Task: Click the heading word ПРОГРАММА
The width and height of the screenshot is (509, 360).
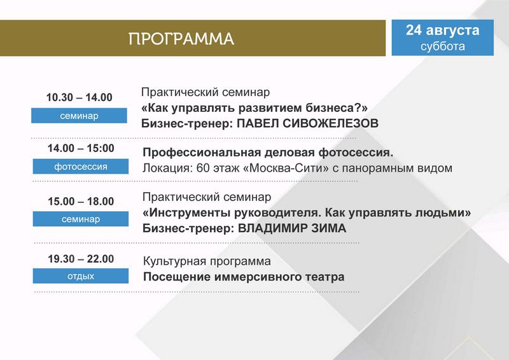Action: click(181, 39)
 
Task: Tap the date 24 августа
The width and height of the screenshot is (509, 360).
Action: click(442, 30)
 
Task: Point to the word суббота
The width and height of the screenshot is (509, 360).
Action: click(442, 46)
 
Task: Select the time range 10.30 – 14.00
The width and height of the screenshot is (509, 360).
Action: click(79, 97)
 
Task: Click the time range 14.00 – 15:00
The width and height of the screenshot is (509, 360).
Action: click(81, 148)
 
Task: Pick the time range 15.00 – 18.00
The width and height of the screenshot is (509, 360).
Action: click(81, 201)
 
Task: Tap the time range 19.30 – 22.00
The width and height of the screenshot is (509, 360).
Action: click(81, 259)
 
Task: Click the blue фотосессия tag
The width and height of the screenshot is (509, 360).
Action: click(81, 167)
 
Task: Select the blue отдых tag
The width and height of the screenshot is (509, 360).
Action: click(81, 276)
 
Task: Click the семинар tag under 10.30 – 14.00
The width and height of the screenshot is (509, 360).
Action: click(79, 116)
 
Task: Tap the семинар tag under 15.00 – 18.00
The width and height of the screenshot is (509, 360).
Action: click(81, 219)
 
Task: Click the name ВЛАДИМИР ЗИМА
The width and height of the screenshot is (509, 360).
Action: click(292, 228)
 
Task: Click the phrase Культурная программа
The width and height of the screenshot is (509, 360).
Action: click(207, 261)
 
